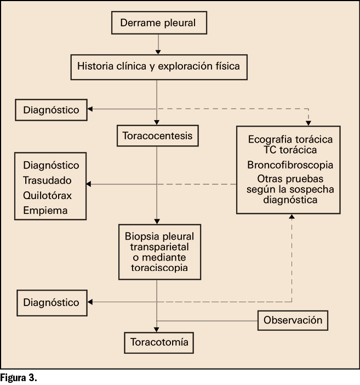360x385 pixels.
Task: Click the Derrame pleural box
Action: tap(158, 24)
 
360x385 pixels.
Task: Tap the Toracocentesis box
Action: tap(157, 135)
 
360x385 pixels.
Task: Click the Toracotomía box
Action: tap(159, 343)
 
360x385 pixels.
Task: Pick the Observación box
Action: tap(293, 320)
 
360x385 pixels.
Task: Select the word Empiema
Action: tap(45, 210)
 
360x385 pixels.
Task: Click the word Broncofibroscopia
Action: tap(290, 165)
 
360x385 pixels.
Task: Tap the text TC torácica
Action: tap(290, 150)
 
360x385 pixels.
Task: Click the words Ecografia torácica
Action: tap(290, 139)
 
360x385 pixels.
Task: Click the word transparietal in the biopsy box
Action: tap(157, 247)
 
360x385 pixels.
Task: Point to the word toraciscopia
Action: tap(157, 269)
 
